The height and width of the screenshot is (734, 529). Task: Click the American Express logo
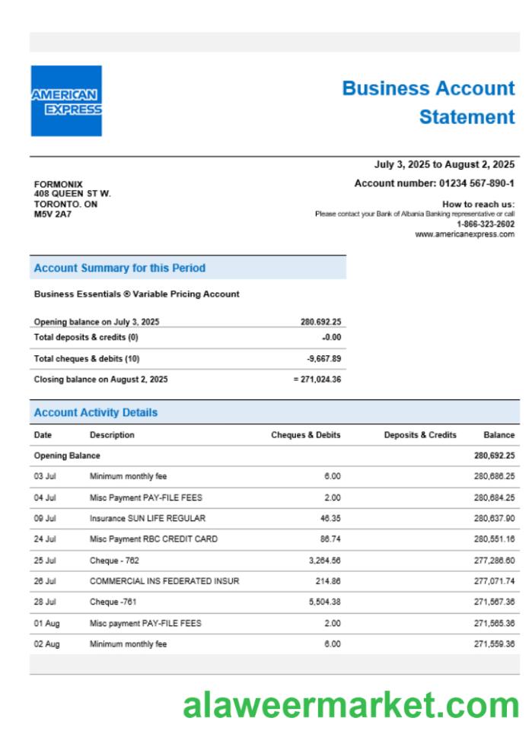point(66,101)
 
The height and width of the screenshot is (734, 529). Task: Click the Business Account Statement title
point(429,103)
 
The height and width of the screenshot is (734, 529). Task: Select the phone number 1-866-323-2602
point(485,224)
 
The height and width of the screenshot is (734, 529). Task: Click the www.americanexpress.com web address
point(464,234)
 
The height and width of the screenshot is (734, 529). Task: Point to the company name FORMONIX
point(59,184)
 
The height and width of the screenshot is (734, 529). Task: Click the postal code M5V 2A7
point(53,214)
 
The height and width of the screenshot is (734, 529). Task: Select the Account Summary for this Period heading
point(120,268)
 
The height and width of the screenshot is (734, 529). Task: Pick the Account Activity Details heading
point(96,412)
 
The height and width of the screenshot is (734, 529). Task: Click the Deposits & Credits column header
point(420,435)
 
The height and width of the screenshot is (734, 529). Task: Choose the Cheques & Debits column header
point(306,435)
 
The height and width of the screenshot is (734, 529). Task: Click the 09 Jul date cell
point(45,518)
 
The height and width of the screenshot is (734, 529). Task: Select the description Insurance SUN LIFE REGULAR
point(148,518)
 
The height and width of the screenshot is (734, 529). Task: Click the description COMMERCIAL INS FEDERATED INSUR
point(164,581)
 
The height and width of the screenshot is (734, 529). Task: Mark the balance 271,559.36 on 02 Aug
point(494,643)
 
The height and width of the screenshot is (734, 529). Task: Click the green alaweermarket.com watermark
point(351,704)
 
